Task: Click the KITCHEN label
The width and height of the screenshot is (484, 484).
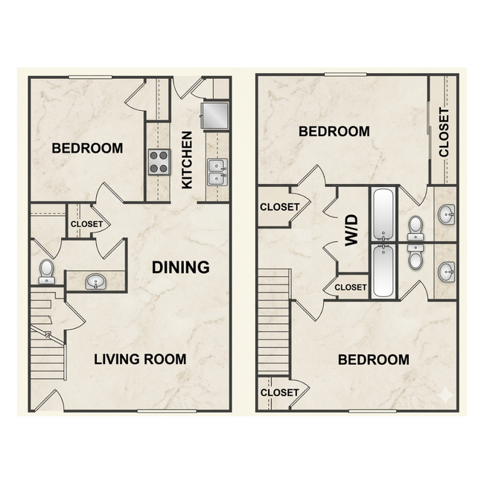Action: coord(187,160)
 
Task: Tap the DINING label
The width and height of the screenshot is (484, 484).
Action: coord(181,267)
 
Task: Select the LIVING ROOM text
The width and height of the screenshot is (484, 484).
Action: coord(140,360)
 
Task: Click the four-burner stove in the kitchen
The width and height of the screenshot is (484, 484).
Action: coord(159,162)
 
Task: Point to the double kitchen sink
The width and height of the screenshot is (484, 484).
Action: coord(217,172)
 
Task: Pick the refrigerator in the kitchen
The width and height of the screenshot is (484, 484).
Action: coord(215,115)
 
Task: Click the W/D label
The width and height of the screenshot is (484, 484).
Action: coord(351,230)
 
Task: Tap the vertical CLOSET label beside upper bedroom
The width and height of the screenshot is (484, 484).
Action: coord(444,132)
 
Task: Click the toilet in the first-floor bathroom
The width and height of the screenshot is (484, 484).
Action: coord(47,272)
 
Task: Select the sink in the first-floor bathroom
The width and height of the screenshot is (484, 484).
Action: coord(96,281)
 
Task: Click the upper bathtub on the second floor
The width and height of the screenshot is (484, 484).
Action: coord(383,214)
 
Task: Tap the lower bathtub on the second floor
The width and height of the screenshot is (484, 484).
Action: coord(383,271)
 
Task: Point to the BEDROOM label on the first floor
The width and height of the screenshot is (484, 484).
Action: coord(87,148)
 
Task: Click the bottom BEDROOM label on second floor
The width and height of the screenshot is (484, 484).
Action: coord(374,360)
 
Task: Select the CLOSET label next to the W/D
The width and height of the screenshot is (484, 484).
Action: coord(351,287)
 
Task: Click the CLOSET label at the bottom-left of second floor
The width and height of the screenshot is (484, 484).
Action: coord(280,392)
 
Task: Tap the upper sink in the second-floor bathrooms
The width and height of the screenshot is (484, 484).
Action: coord(446,214)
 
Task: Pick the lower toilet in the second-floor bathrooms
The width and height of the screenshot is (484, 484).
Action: coord(415,257)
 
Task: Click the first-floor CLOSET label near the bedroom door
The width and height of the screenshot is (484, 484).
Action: coord(86,224)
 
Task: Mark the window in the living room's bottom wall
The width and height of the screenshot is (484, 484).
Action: coord(167,411)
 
